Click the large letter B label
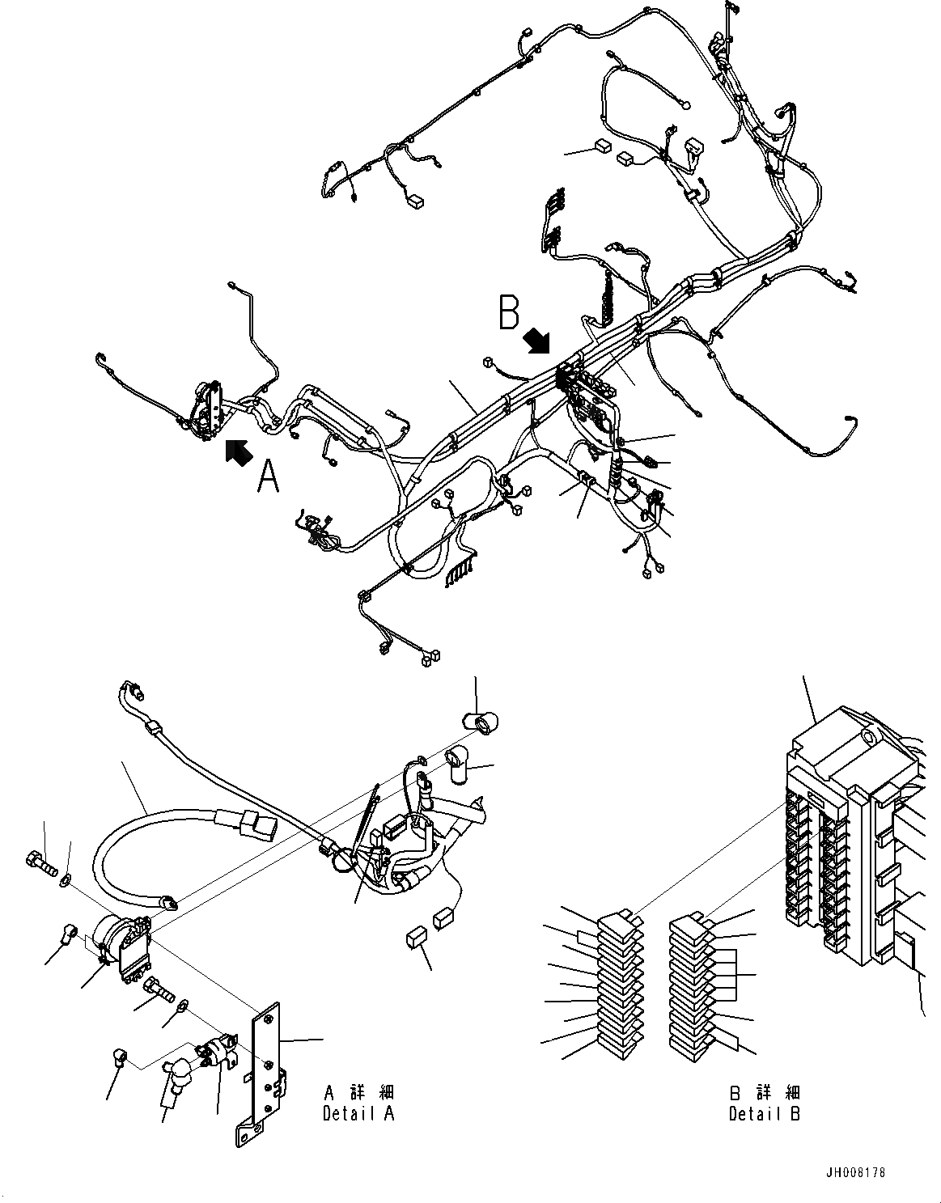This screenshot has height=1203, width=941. [x=509, y=313]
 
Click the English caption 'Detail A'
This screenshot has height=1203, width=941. [x=358, y=1113]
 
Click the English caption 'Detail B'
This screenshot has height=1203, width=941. [x=764, y=1113]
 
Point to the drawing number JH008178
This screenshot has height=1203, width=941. [x=861, y=1171]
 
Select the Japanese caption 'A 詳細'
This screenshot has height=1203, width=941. [x=358, y=1093]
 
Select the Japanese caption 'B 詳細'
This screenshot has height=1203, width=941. [x=764, y=1093]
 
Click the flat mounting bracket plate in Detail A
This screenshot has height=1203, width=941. [x=266, y=1068]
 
